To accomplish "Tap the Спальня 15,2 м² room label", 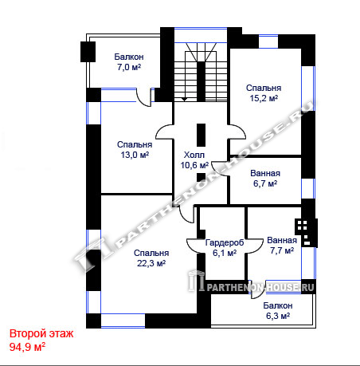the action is click(264, 93).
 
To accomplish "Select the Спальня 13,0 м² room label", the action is click(135, 150).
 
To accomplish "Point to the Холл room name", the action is click(194, 155).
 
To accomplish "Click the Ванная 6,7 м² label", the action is click(265, 179).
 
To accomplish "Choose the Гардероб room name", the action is click(225, 242).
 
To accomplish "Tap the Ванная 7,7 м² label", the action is click(282, 246).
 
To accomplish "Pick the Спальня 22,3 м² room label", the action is click(151, 258).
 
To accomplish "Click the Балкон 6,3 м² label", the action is click(278, 311).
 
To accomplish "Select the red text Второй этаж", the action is click(41, 333).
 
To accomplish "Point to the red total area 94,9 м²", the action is click(27, 347).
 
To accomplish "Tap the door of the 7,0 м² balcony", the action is click(143, 97).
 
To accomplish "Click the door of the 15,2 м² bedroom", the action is click(237, 132).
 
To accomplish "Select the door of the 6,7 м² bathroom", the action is click(220, 168).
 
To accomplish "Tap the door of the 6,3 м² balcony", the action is click(258, 289).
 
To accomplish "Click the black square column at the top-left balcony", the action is click(88, 52).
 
